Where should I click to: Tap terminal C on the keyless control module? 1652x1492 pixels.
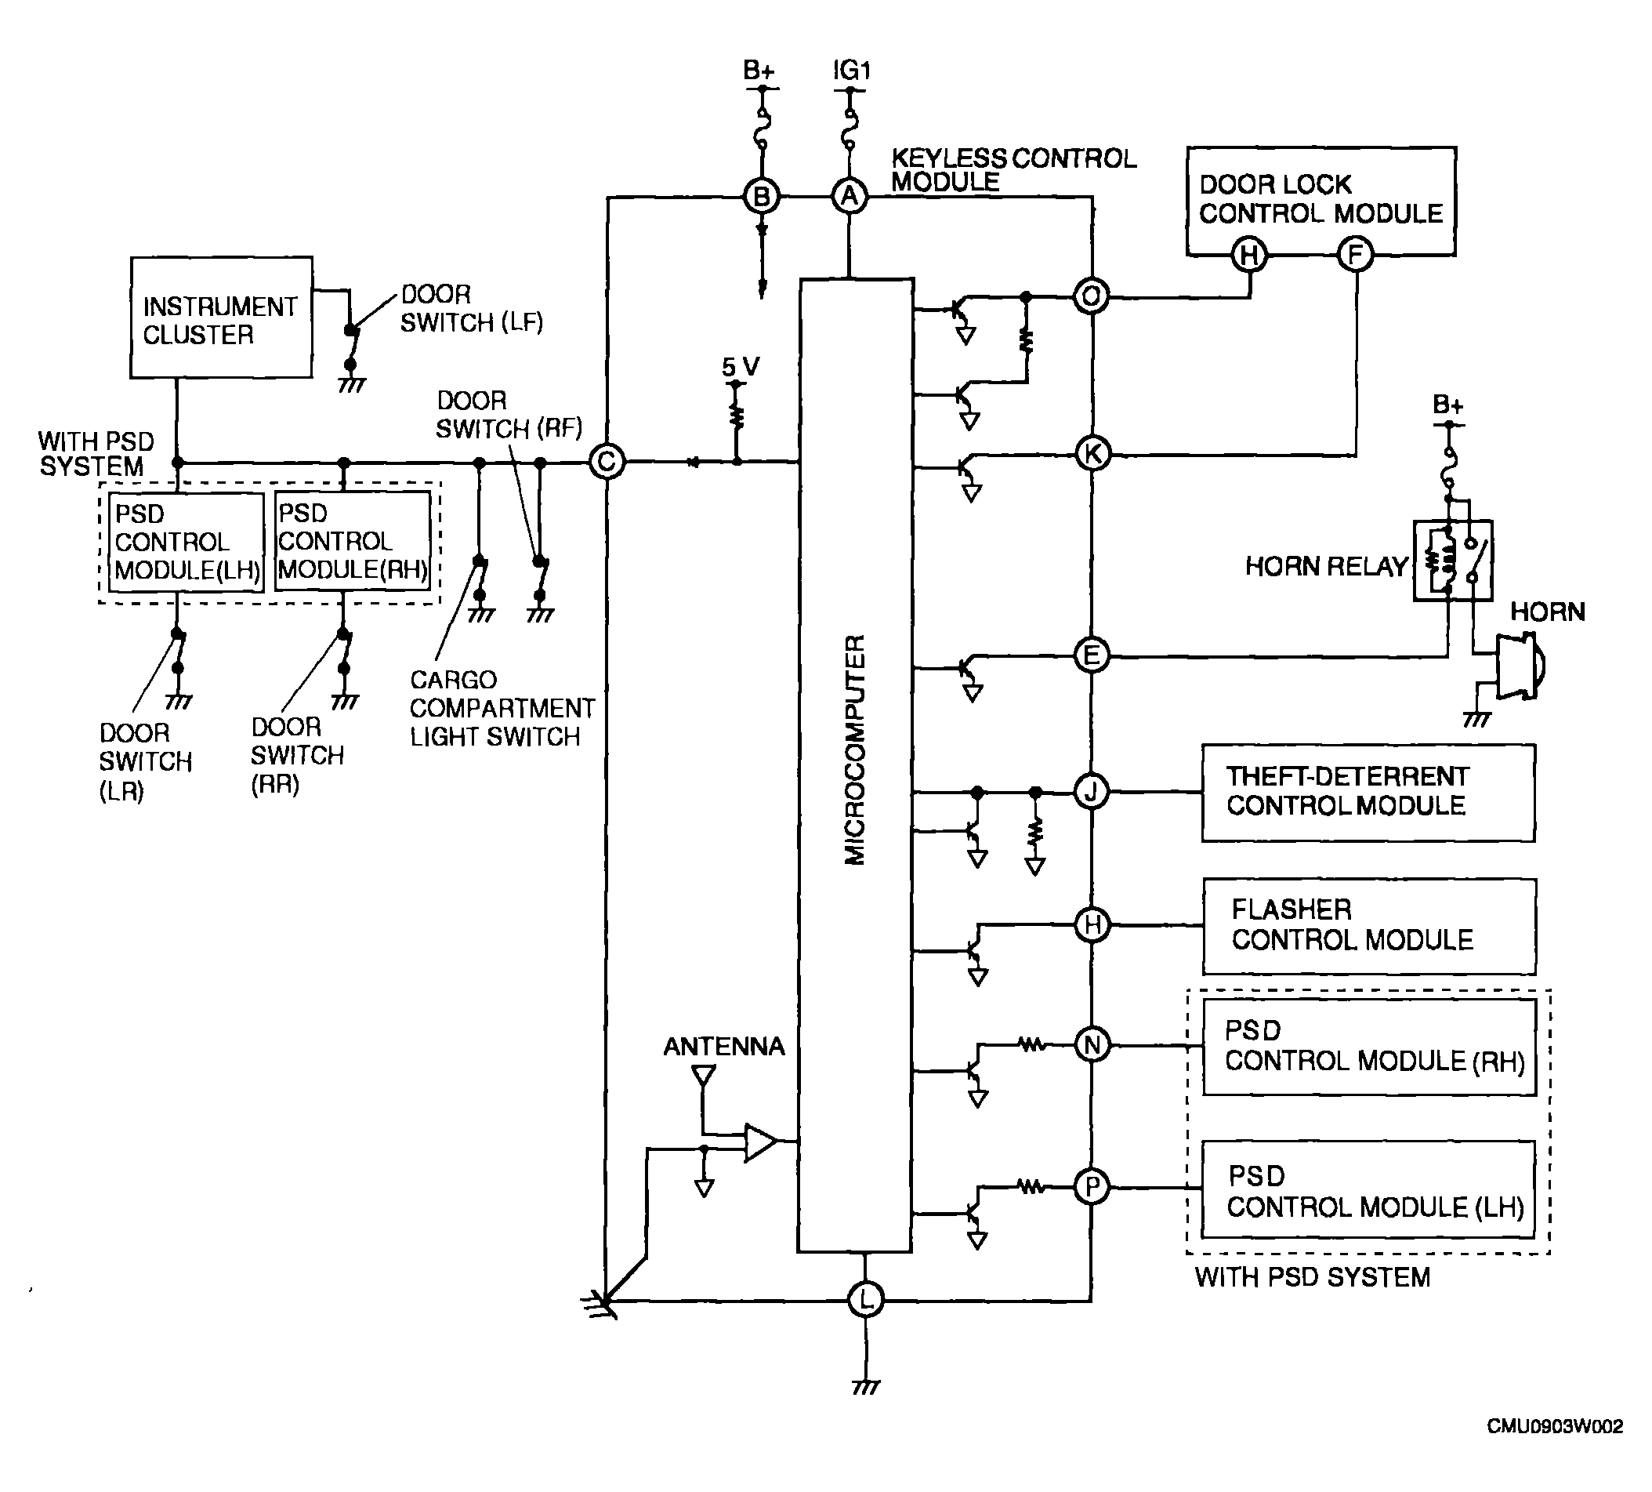point(607,462)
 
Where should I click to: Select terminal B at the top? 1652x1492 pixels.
point(761,197)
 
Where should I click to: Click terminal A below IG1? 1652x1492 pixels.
point(850,197)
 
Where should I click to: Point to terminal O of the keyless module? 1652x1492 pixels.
point(1092,296)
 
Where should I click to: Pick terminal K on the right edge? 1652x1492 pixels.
point(1092,453)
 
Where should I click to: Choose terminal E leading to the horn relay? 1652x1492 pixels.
point(1092,655)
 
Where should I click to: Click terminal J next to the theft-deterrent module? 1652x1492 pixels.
point(1092,792)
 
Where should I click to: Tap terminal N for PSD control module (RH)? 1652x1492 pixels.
point(1092,1045)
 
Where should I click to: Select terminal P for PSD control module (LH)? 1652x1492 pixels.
point(1092,1187)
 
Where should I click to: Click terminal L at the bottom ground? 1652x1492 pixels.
point(866,1299)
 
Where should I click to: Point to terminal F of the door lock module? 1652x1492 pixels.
point(1355,254)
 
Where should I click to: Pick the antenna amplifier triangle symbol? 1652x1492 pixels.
point(759,1142)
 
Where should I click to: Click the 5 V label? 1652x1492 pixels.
point(741,366)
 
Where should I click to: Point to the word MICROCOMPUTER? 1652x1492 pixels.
point(855,750)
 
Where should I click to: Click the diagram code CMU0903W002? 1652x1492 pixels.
point(1555,1426)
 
